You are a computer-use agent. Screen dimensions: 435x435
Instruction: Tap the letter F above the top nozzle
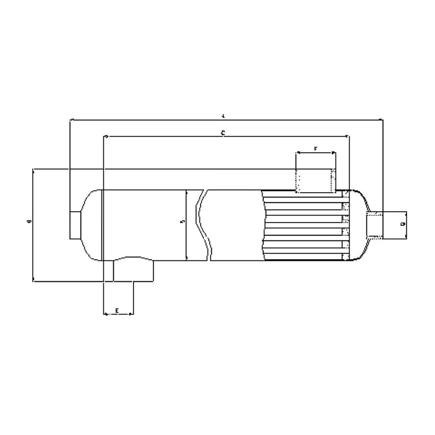[x=316, y=149]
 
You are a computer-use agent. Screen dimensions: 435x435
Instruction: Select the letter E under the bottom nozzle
[x=117, y=310]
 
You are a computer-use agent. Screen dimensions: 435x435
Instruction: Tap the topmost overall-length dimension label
[x=223, y=116]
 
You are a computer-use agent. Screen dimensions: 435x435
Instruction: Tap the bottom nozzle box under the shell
[x=133, y=271]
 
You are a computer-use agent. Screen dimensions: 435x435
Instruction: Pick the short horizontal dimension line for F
[x=316, y=153]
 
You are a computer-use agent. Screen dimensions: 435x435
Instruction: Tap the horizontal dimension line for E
[x=119, y=314]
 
